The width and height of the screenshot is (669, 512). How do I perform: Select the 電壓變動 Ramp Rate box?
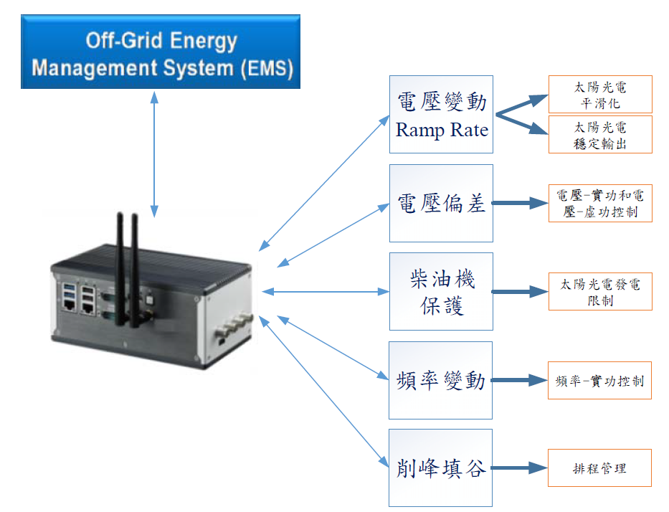tap(441, 114)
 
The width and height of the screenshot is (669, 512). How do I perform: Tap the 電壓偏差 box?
tap(441, 203)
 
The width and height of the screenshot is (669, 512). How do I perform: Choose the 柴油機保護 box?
tap(441, 291)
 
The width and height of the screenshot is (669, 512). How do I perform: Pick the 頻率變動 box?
tap(440, 380)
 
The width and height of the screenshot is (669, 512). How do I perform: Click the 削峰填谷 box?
tap(440, 468)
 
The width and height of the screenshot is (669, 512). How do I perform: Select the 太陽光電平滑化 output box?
tap(600, 95)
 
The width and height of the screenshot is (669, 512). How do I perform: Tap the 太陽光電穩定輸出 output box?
tap(600, 134)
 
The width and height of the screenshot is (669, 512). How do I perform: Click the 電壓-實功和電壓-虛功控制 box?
tap(600, 204)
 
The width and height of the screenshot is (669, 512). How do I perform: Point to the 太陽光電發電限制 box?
tap(600, 292)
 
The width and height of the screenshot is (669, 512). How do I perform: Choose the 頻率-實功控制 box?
tap(600, 380)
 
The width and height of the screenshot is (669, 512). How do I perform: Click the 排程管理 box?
tap(600, 468)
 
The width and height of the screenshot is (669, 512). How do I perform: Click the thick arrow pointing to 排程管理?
tap(520, 468)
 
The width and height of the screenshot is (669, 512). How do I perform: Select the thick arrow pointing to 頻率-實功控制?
tap(520, 380)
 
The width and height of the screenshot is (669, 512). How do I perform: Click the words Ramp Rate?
tap(442, 130)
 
